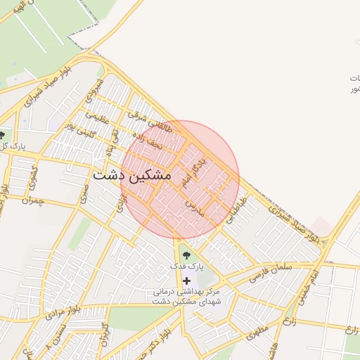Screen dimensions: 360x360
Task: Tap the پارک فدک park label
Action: [x=186, y=267]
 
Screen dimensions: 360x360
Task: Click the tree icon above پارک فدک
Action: [x=186, y=255]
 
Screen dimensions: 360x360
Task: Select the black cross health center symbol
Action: [x=186, y=281]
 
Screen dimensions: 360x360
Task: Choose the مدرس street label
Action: [x=194, y=204]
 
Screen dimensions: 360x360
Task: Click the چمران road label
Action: [x=32, y=201]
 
